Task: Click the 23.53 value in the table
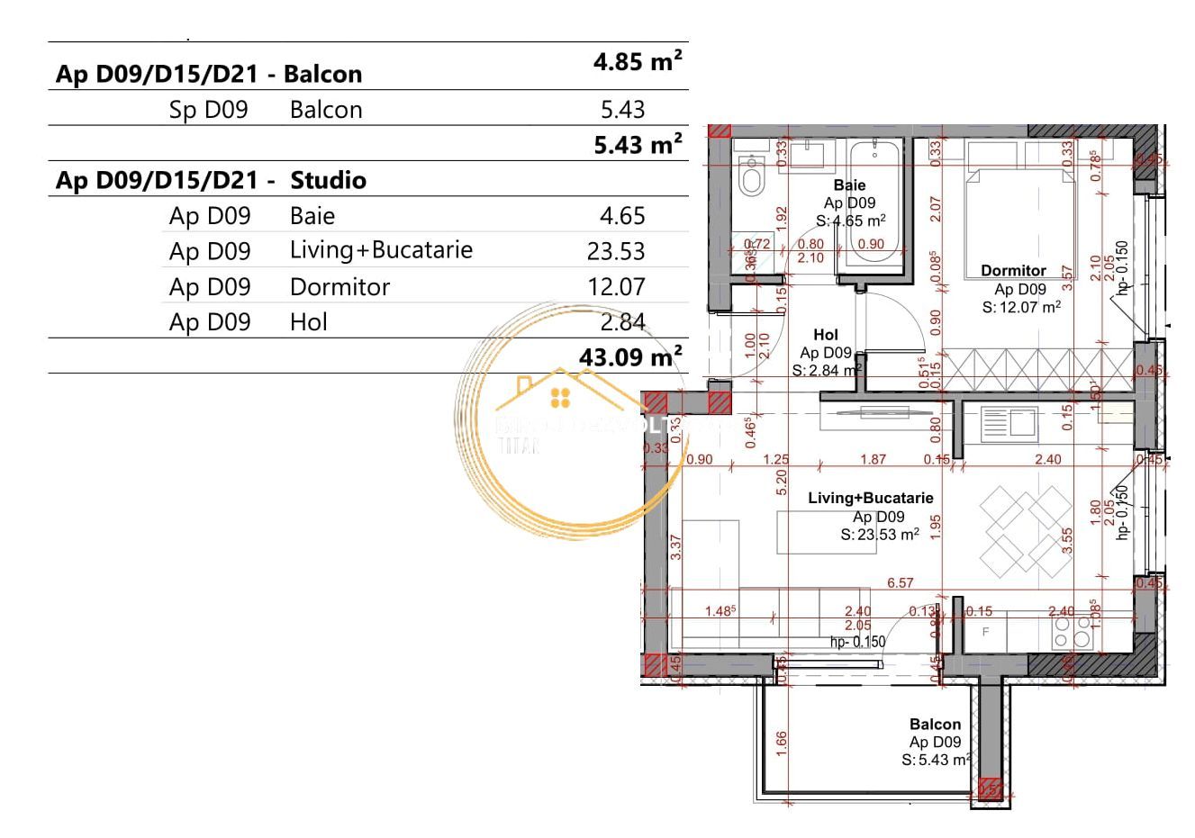click(x=615, y=251)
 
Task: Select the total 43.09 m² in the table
click(x=629, y=356)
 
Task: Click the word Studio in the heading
click(x=328, y=180)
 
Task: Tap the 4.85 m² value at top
click(x=637, y=62)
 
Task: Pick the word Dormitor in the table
click(x=339, y=287)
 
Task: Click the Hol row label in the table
click(x=308, y=322)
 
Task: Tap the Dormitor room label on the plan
click(x=1013, y=270)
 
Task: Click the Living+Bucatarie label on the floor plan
click(x=870, y=498)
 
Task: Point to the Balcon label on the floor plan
click(x=935, y=724)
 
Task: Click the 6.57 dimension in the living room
click(x=901, y=583)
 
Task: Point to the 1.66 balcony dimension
click(x=781, y=742)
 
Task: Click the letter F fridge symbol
click(x=985, y=633)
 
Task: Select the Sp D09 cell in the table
click(x=208, y=110)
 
